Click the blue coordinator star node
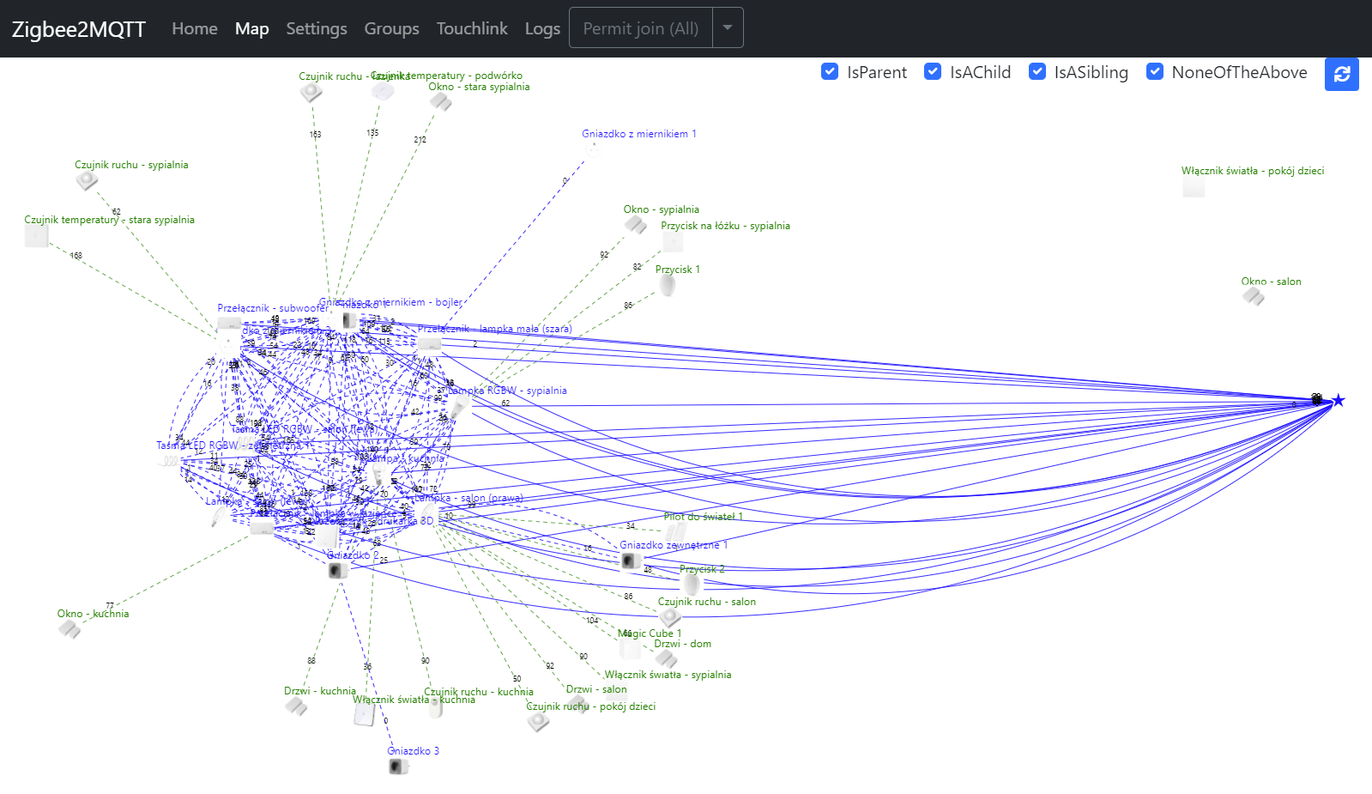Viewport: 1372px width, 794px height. (x=1338, y=400)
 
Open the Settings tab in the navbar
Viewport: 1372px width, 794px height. (x=317, y=28)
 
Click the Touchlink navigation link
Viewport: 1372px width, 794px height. (x=472, y=28)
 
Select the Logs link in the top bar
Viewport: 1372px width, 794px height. (x=542, y=28)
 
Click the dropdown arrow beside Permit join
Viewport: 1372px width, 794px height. (x=728, y=27)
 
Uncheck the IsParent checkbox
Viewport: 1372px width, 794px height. (x=830, y=72)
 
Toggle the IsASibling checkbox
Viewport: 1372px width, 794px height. (x=1037, y=72)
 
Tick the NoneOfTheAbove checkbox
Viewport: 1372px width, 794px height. (x=1155, y=72)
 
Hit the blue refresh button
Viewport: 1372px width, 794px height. (x=1342, y=74)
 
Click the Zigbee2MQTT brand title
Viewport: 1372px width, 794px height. (x=79, y=29)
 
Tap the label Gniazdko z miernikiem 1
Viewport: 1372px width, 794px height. (x=639, y=134)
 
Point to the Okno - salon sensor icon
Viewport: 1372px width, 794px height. (x=1254, y=297)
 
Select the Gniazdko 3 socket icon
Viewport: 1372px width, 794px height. (x=397, y=766)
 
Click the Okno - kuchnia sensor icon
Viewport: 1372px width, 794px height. (x=70, y=629)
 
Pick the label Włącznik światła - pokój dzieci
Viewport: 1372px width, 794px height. (x=1252, y=171)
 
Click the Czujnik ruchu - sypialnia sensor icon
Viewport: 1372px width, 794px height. (x=86, y=180)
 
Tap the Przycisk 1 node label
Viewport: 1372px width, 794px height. (x=678, y=270)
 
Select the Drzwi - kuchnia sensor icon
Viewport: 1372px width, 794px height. (x=296, y=706)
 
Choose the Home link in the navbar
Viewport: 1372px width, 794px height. (x=195, y=28)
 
